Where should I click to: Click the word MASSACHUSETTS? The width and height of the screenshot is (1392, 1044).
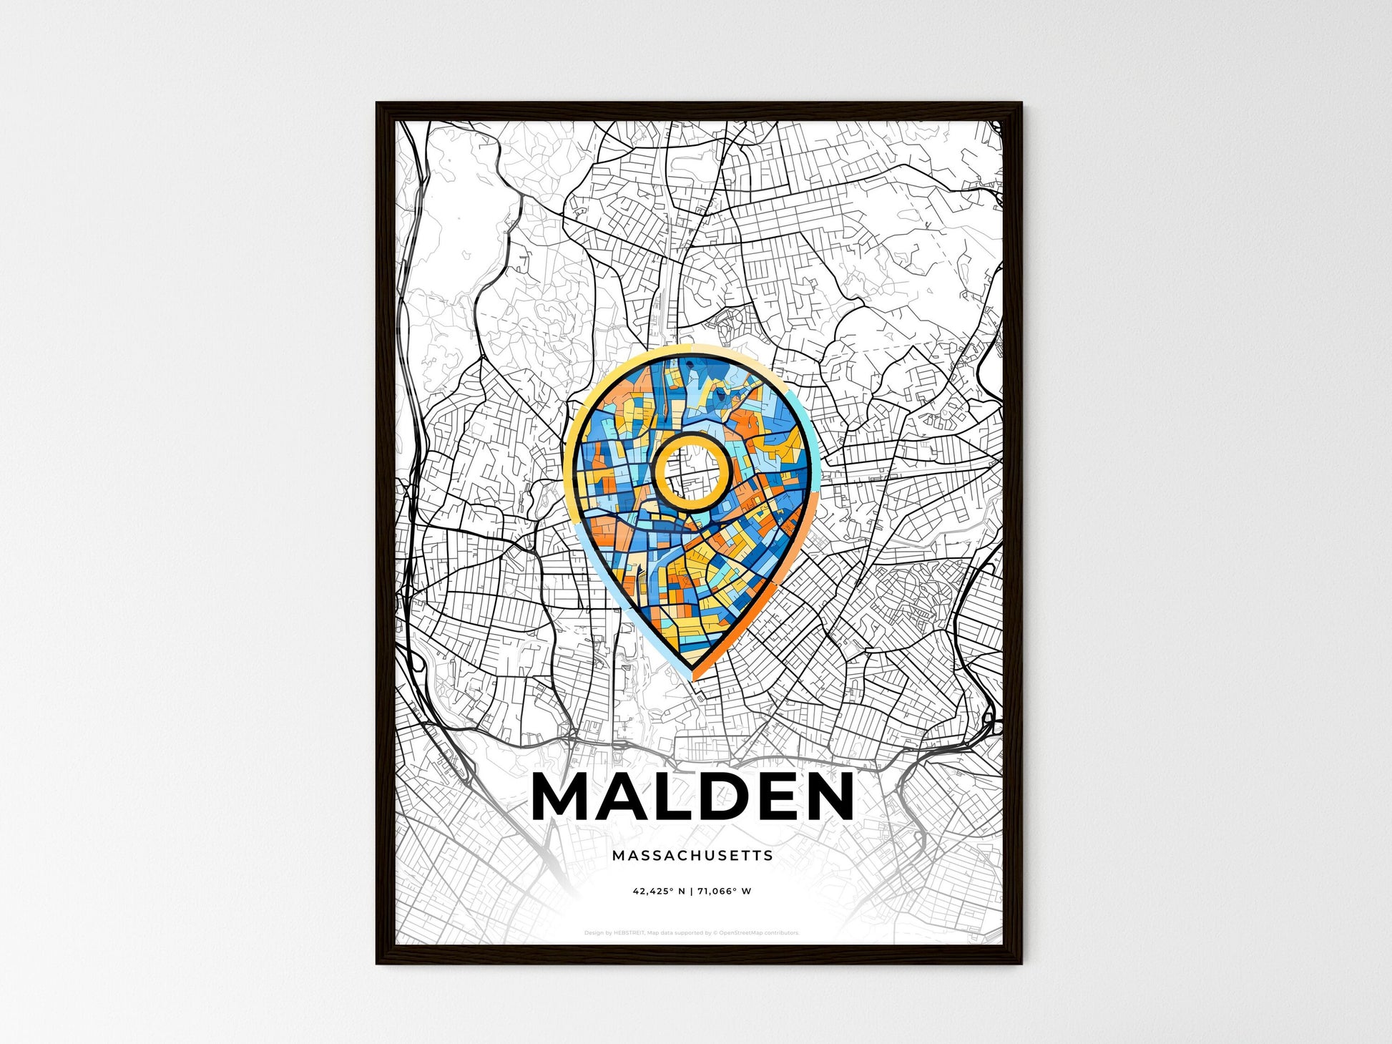click(692, 855)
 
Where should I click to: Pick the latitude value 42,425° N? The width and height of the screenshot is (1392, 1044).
click(659, 892)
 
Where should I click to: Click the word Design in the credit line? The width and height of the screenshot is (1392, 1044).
click(593, 933)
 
